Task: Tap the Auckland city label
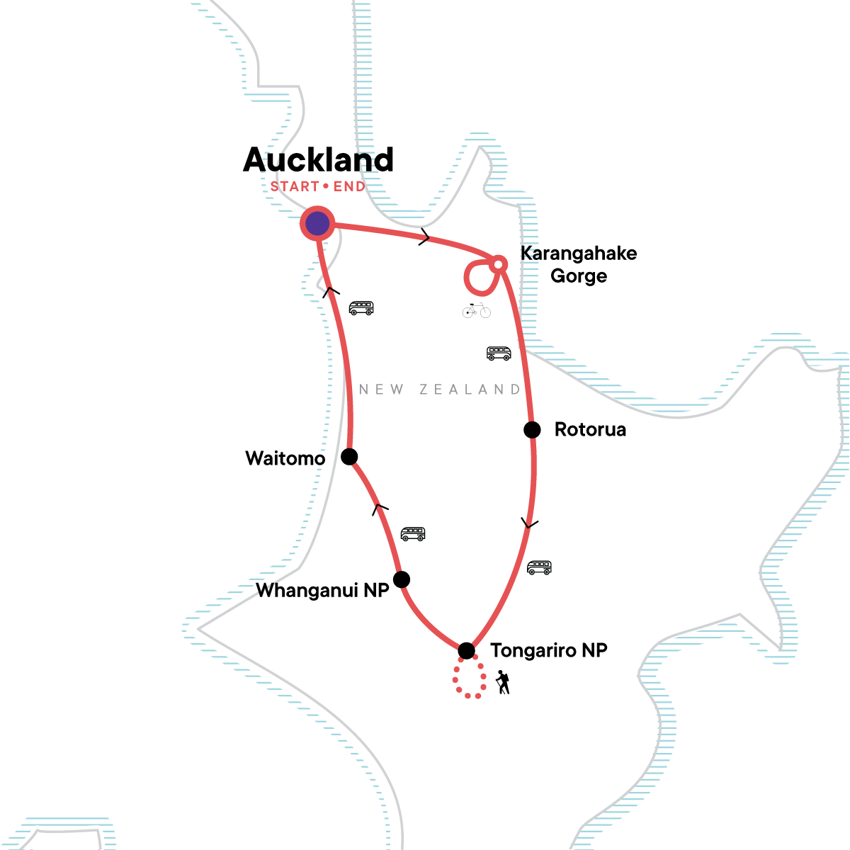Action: pos(318,161)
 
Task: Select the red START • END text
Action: pos(318,187)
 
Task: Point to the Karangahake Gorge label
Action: pos(579,264)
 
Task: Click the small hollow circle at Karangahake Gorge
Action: pos(498,264)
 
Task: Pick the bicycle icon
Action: pos(477,310)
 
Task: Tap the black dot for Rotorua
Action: pos(532,429)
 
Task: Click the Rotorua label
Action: pos(590,430)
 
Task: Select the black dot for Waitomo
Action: pos(349,456)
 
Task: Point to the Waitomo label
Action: pos(285,458)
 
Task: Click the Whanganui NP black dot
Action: pos(402,579)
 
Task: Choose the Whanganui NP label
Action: pos(322,591)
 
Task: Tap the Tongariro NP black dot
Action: pos(466,650)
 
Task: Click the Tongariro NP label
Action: pos(549,650)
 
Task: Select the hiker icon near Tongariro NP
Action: pos(503,682)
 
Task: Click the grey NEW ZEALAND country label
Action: pos(440,389)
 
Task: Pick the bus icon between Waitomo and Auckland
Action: pos(361,308)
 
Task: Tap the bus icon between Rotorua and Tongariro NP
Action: pos(539,567)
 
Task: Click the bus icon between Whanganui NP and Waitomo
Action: pos(413,533)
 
